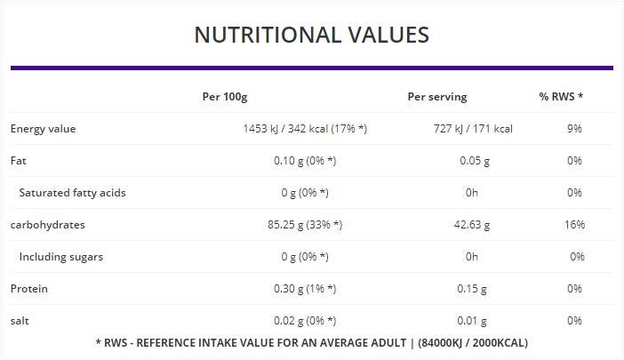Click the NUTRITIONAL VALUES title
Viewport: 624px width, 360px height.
click(x=311, y=35)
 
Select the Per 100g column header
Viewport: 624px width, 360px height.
click(x=224, y=96)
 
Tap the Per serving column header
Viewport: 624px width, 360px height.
click(x=436, y=96)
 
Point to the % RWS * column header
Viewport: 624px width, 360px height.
click(x=561, y=96)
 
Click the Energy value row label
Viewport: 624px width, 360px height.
click(x=43, y=129)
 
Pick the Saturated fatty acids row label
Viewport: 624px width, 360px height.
click(x=72, y=193)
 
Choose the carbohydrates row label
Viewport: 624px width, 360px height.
click(x=47, y=225)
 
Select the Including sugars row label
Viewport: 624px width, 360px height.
click(x=60, y=257)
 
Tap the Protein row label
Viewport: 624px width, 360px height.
click(x=29, y=289)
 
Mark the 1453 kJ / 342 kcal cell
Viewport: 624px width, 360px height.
click(x=305, y=129)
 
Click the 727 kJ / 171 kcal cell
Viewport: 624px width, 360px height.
click(x=472, y=129)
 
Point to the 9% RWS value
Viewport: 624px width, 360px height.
click(x=574, y=129)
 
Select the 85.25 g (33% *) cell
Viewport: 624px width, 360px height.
click(x=305, y=225)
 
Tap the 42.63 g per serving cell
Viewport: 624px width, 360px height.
click(x=472, y=225)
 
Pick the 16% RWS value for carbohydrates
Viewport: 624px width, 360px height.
click(x=574, y=225)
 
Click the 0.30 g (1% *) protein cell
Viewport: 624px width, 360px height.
click(x=305, y=289)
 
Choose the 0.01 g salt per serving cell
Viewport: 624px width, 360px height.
click(x=472, y=321)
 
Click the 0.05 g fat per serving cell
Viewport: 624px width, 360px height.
click(x=472, y=161)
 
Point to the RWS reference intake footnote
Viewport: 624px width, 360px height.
click(x=311, y=342)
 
